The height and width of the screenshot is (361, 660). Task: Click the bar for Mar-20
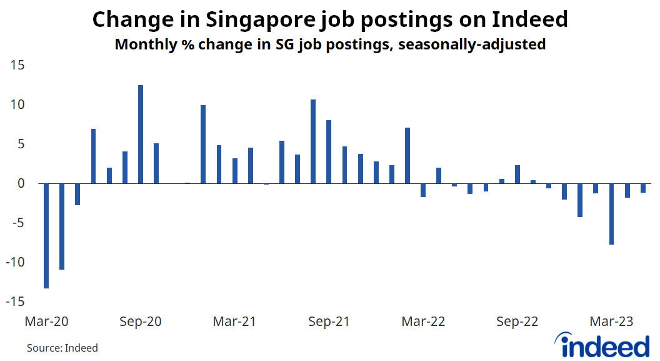(x=46, y=236)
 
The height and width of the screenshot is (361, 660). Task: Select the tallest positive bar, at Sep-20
(x=141, y=135)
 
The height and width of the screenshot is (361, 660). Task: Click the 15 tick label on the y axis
(x=16, y=65)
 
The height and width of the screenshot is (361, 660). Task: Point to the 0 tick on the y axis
(x=20, y=183)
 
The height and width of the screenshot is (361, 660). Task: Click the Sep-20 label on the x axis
(x=140, y=322)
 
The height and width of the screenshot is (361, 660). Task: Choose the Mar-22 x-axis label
(x=423, y=322)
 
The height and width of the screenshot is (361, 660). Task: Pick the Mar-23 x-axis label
(x=611, y=322)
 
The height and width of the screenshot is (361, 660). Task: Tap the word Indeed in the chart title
(x=530, y=20)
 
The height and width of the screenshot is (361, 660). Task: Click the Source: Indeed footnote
(x=62, y=348)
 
